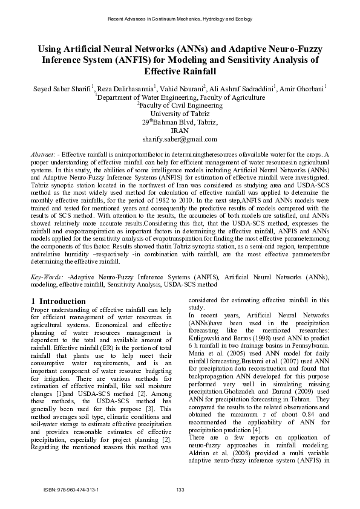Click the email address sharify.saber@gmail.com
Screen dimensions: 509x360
click(180, 138)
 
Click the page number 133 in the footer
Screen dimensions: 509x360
click(180, 489)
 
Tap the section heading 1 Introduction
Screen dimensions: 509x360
click(58, 301)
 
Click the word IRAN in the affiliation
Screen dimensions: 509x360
click(180, 130)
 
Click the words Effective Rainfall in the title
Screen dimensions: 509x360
click(180, 71)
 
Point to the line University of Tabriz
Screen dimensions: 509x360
click(180, 113)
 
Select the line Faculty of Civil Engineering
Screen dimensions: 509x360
click(180, 105)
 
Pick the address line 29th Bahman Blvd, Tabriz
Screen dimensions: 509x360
click(180, 122)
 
